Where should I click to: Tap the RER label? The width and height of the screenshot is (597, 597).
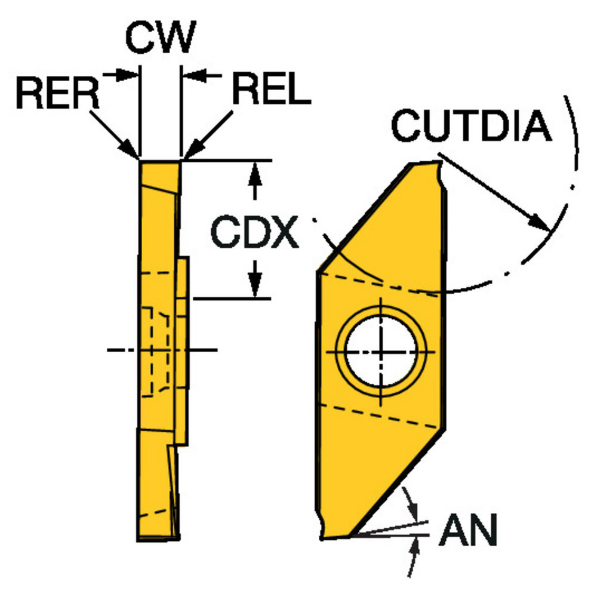(58, 94)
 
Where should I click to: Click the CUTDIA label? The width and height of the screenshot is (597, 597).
(472, 127)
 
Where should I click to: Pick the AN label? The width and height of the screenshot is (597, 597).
(468, 531)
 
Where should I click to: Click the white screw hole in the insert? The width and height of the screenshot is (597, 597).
(381, 351)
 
